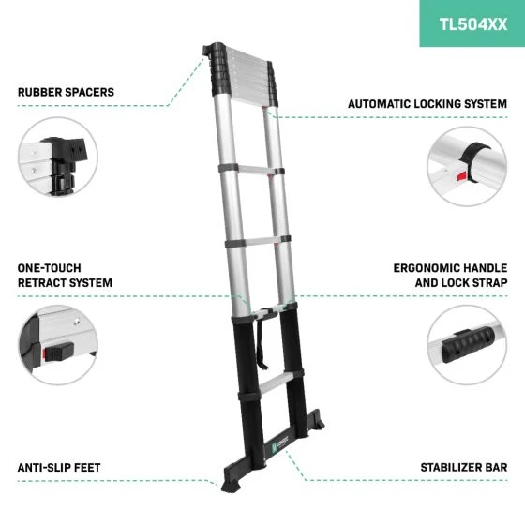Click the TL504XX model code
(x=473, y=24)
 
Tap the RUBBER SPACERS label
(x=66, y=92)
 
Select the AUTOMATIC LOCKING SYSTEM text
(x=427, y=104)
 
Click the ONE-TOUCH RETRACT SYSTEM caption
(x=65, y=276)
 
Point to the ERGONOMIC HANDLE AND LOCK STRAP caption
(x=450, y=276)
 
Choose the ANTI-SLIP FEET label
(x=59, y=468)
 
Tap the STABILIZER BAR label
(x=464, y=467)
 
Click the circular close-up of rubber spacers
(x=57, y=157)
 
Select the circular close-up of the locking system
(x=467, y=167)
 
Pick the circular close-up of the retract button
(x=57, y=345)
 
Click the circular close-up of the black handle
(x=467, y=345)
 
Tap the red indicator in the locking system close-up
(x=462, y=175)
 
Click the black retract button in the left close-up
(x=59, y=352)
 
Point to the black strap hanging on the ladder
(x=262, y=343)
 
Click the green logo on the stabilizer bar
(x=274, y=446)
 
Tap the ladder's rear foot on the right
(x=316, y=420)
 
